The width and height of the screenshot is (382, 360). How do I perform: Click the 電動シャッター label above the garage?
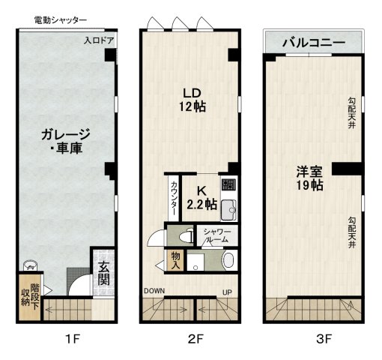tap(61, 19)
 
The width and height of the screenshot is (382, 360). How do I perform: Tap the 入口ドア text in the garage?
tap(99, 40)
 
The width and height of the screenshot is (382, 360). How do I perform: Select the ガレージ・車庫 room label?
tap(65, 141)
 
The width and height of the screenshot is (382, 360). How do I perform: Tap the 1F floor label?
tap(71, 339)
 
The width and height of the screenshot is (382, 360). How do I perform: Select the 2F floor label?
tap(195, 339)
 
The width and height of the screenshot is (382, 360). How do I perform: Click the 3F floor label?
tap(323, 339)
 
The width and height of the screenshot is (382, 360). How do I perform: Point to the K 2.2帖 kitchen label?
tap(201, 197)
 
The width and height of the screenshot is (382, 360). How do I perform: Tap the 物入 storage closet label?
tap(175, 260)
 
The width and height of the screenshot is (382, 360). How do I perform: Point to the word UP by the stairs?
tap(225, 292)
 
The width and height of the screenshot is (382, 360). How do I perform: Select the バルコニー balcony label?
tap(313, 43)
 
